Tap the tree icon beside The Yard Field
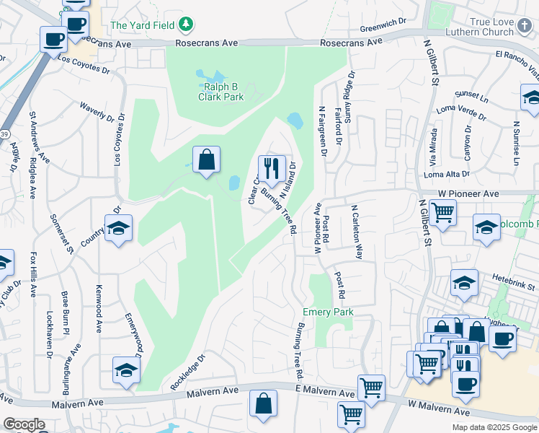coord(186,25)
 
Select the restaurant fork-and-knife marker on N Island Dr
coord(271,169)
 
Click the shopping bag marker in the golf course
coord(206,160)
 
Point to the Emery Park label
coord(327,312)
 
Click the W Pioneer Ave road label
coord(468,194)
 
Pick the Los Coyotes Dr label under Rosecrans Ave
coord(84,65)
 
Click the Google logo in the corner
coord(24,424)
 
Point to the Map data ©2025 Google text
coord(494,427)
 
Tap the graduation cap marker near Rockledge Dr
coord(126,371)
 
